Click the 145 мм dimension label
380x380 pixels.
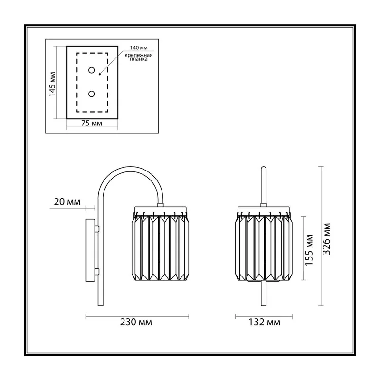pos(52,84)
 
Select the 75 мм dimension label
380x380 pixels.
pos(92,123)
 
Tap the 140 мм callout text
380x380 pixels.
pos(139,48)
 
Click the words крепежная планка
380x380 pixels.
pos(139,57)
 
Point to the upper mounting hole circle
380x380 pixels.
pos(91,70)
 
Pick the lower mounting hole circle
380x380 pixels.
pos(91,94)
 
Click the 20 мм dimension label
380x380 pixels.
pos(67,202)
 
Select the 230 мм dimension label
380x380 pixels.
pos(136,322)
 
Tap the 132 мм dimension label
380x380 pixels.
pos(265,322)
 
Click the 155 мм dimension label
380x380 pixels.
pos(309,250)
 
